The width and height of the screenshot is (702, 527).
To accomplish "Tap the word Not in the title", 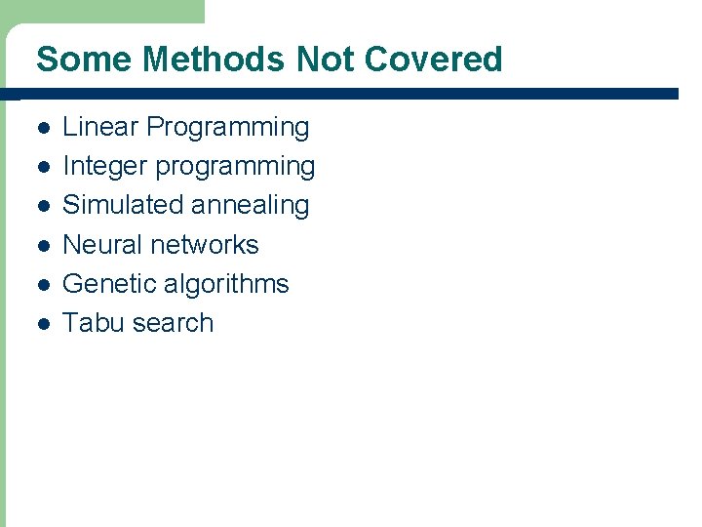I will [326, 60].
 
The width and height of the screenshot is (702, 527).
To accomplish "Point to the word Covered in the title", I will [433, 60].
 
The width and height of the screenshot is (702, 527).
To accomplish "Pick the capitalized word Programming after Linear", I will [228, 128].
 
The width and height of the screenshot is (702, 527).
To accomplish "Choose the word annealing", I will [250, 206].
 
